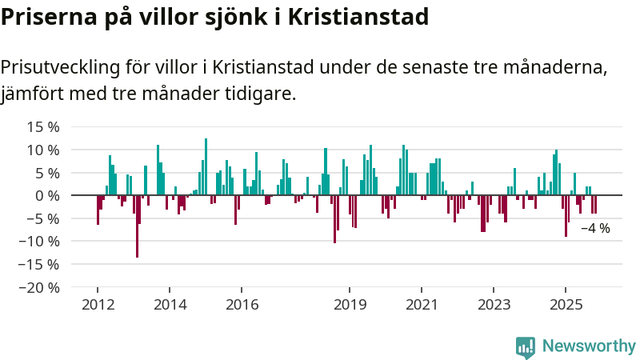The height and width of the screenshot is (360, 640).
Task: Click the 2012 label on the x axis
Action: click(98, 304)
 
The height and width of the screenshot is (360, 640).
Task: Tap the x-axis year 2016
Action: click(242, 304)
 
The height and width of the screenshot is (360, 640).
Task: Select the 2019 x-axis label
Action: click(350, 304)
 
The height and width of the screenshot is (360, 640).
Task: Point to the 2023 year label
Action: click(494, 304)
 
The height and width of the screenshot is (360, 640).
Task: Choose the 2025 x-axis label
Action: click(566, 304)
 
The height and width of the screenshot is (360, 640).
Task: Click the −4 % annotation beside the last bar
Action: click(595, 228)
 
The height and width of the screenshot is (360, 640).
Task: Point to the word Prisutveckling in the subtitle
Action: click(62, 66)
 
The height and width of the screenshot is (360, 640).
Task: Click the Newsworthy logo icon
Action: click(526, 346)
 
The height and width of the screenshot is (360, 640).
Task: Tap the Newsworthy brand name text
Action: click(589, 346)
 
